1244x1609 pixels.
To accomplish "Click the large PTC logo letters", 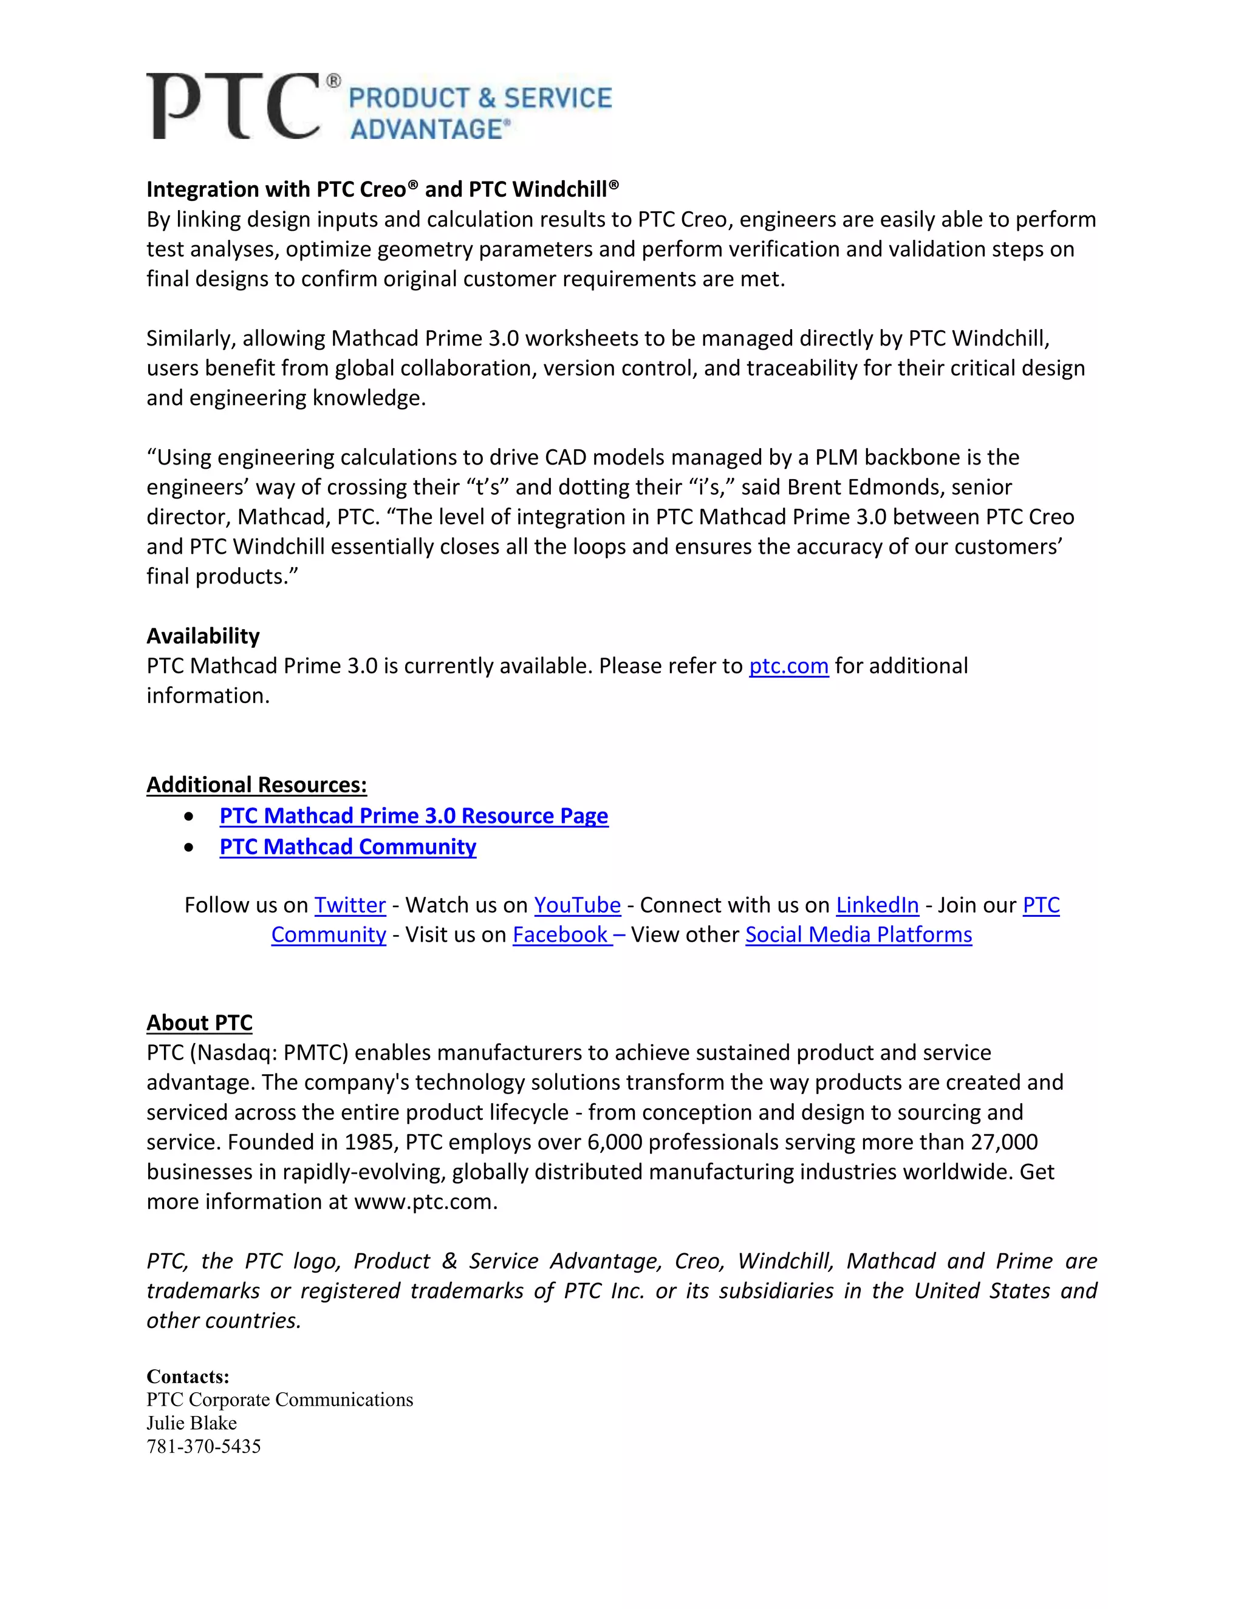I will point(233,106).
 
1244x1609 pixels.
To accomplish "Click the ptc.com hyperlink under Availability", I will point(788,666).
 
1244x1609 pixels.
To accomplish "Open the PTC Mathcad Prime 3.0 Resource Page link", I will point(414,815).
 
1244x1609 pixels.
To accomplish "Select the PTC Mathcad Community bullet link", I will point(348,846).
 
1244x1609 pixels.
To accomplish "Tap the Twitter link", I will point(350,905).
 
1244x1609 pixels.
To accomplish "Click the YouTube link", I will point(577,905).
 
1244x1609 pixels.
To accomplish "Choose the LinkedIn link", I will point(877,905).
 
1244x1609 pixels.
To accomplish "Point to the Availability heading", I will point(203,636).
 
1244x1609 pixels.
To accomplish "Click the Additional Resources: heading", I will point(256,784).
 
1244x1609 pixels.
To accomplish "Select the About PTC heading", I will point(199,1022).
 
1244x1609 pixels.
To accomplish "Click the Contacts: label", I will point(188,1376).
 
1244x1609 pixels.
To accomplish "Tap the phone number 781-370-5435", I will point(203,1446).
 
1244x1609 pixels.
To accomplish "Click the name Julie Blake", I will point(191,1423).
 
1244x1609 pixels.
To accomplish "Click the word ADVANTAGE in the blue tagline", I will point(426,130).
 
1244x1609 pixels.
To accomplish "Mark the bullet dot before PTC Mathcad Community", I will point(190,847).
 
